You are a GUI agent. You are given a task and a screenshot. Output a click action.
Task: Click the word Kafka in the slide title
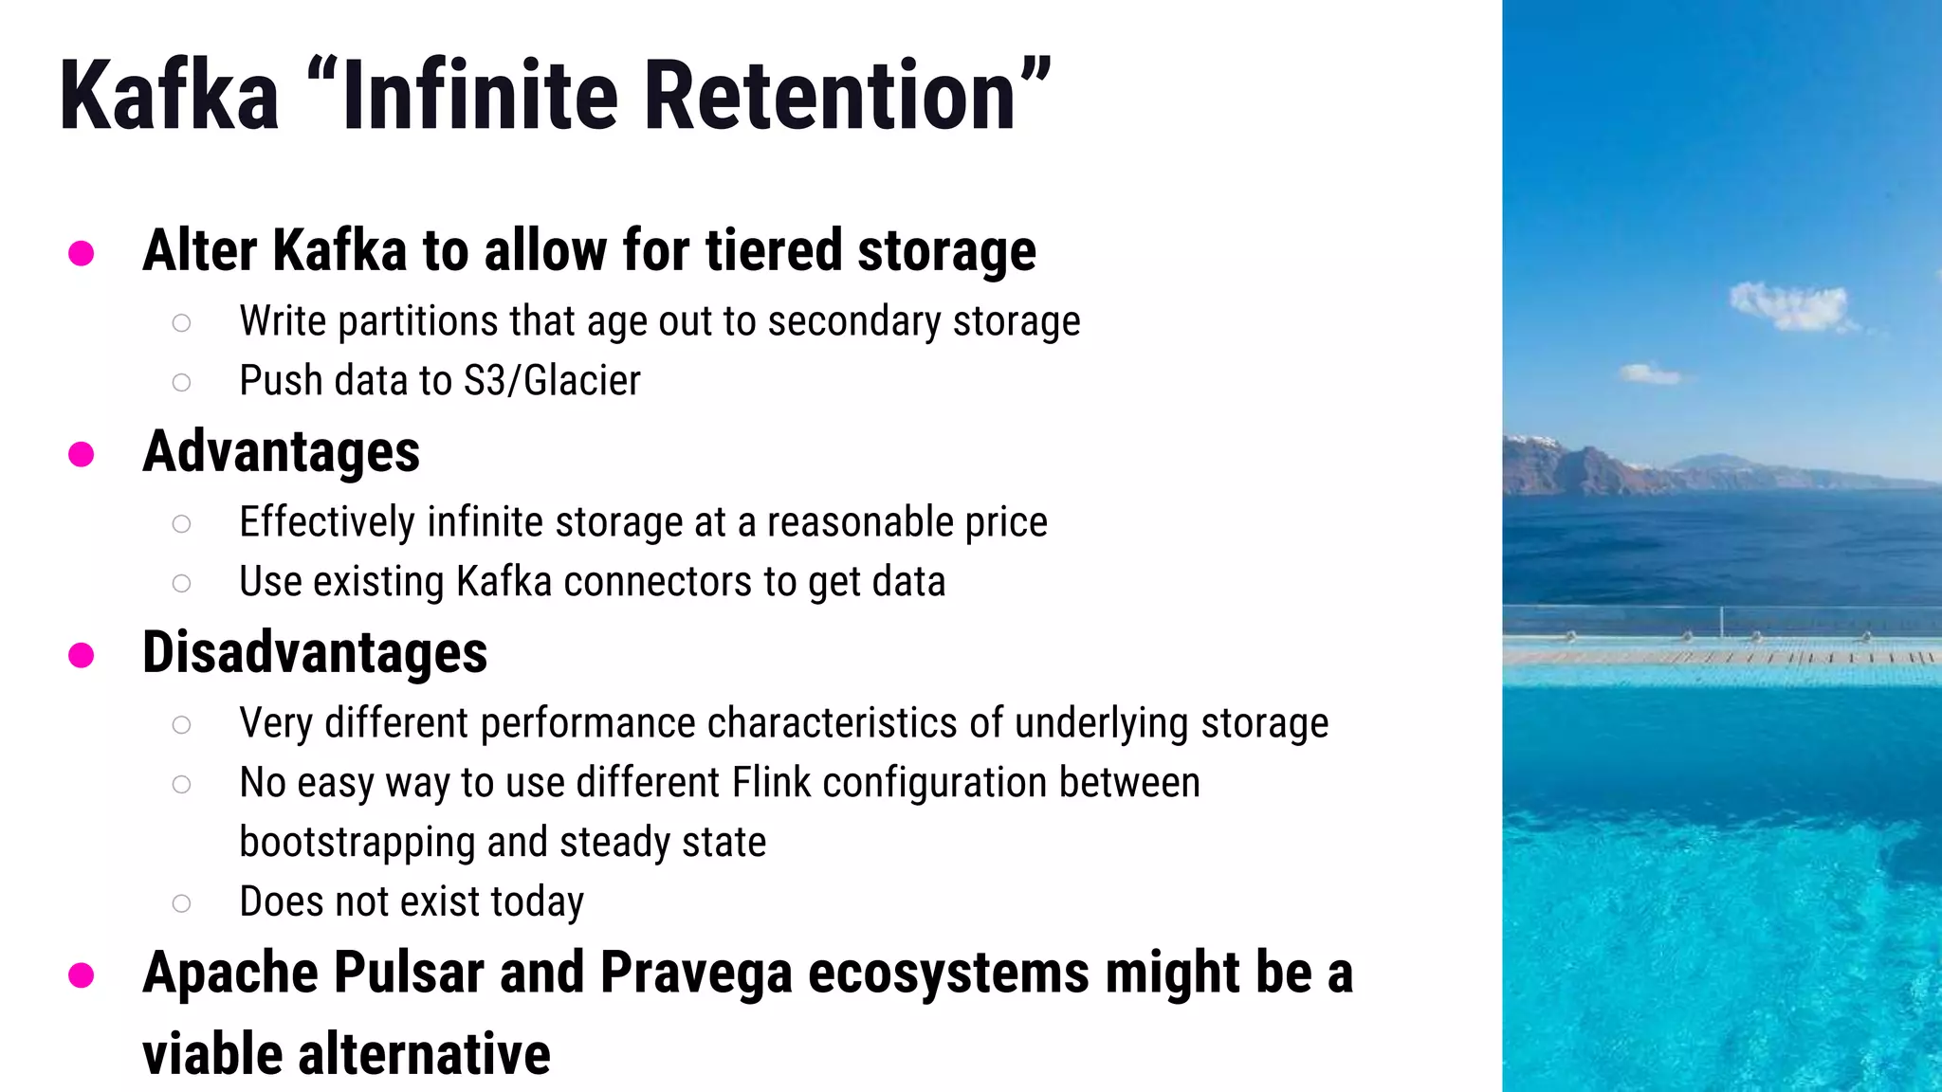point(170,96)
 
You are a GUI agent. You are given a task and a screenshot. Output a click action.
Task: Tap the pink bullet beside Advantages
point(82,454)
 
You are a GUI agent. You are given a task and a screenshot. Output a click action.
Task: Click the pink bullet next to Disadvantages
point(82,655)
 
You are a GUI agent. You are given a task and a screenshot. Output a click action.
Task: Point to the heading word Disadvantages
point(315,653)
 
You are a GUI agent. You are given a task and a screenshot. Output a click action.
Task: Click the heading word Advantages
point(281,452)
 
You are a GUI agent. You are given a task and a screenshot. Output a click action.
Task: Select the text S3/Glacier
point(552,381)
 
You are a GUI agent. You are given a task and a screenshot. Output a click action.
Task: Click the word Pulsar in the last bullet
point(409,973)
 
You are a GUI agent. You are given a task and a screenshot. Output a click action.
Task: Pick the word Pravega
point(696,974)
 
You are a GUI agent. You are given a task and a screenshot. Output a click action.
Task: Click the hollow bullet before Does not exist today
point(181,903)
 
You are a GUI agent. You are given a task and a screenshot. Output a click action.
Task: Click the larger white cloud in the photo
point(1788,306)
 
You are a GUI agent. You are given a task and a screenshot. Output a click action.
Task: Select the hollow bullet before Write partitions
point(181,323)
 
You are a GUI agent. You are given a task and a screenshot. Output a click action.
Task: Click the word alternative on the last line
point(424,1054)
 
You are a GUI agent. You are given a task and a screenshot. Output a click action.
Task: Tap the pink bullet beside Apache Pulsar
point(82,975)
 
